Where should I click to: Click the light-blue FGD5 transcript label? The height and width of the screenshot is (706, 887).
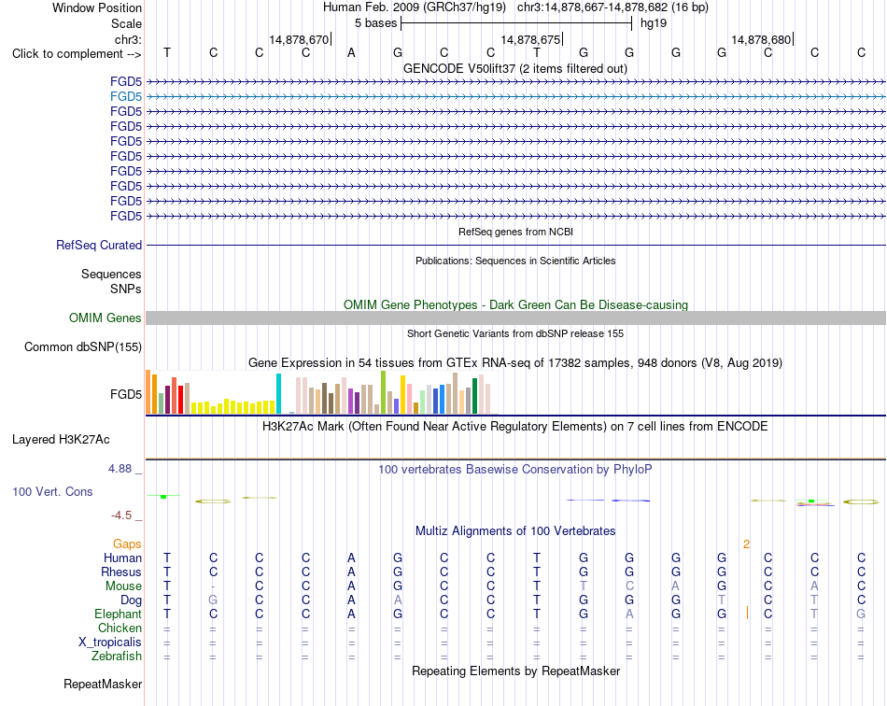pos(126,97)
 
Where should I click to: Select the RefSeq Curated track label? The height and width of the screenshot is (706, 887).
pos(98,245)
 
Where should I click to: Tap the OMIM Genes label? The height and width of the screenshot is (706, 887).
pos(105,318)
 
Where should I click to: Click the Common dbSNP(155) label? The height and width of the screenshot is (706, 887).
pos(82,346)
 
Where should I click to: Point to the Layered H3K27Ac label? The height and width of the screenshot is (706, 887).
pos(61,440)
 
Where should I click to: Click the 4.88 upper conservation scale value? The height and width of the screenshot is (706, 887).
pos(120,469)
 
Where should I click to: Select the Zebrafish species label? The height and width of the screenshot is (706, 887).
pos(117,657)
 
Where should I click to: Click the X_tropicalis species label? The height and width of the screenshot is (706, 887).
pos(110,642)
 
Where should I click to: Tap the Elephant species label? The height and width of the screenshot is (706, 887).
pos(118,614)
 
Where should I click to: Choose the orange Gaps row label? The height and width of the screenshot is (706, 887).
pos(127,544)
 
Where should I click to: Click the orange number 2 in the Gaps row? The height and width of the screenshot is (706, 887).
pos(746,544)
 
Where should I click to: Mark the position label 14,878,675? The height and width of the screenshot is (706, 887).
pos(530,39)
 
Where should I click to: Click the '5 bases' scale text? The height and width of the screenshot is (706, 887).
pos(375,23)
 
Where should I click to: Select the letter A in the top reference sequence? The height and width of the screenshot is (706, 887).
pos(351,53)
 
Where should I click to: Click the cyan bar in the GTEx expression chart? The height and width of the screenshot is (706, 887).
pos(278,394)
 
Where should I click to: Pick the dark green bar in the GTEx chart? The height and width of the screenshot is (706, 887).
pos(475,396)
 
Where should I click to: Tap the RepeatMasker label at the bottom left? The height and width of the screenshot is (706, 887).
pos(103,684)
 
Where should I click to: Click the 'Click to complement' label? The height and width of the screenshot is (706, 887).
pos(77,54)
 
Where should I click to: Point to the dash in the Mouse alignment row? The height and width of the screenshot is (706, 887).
pos(213,586)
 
